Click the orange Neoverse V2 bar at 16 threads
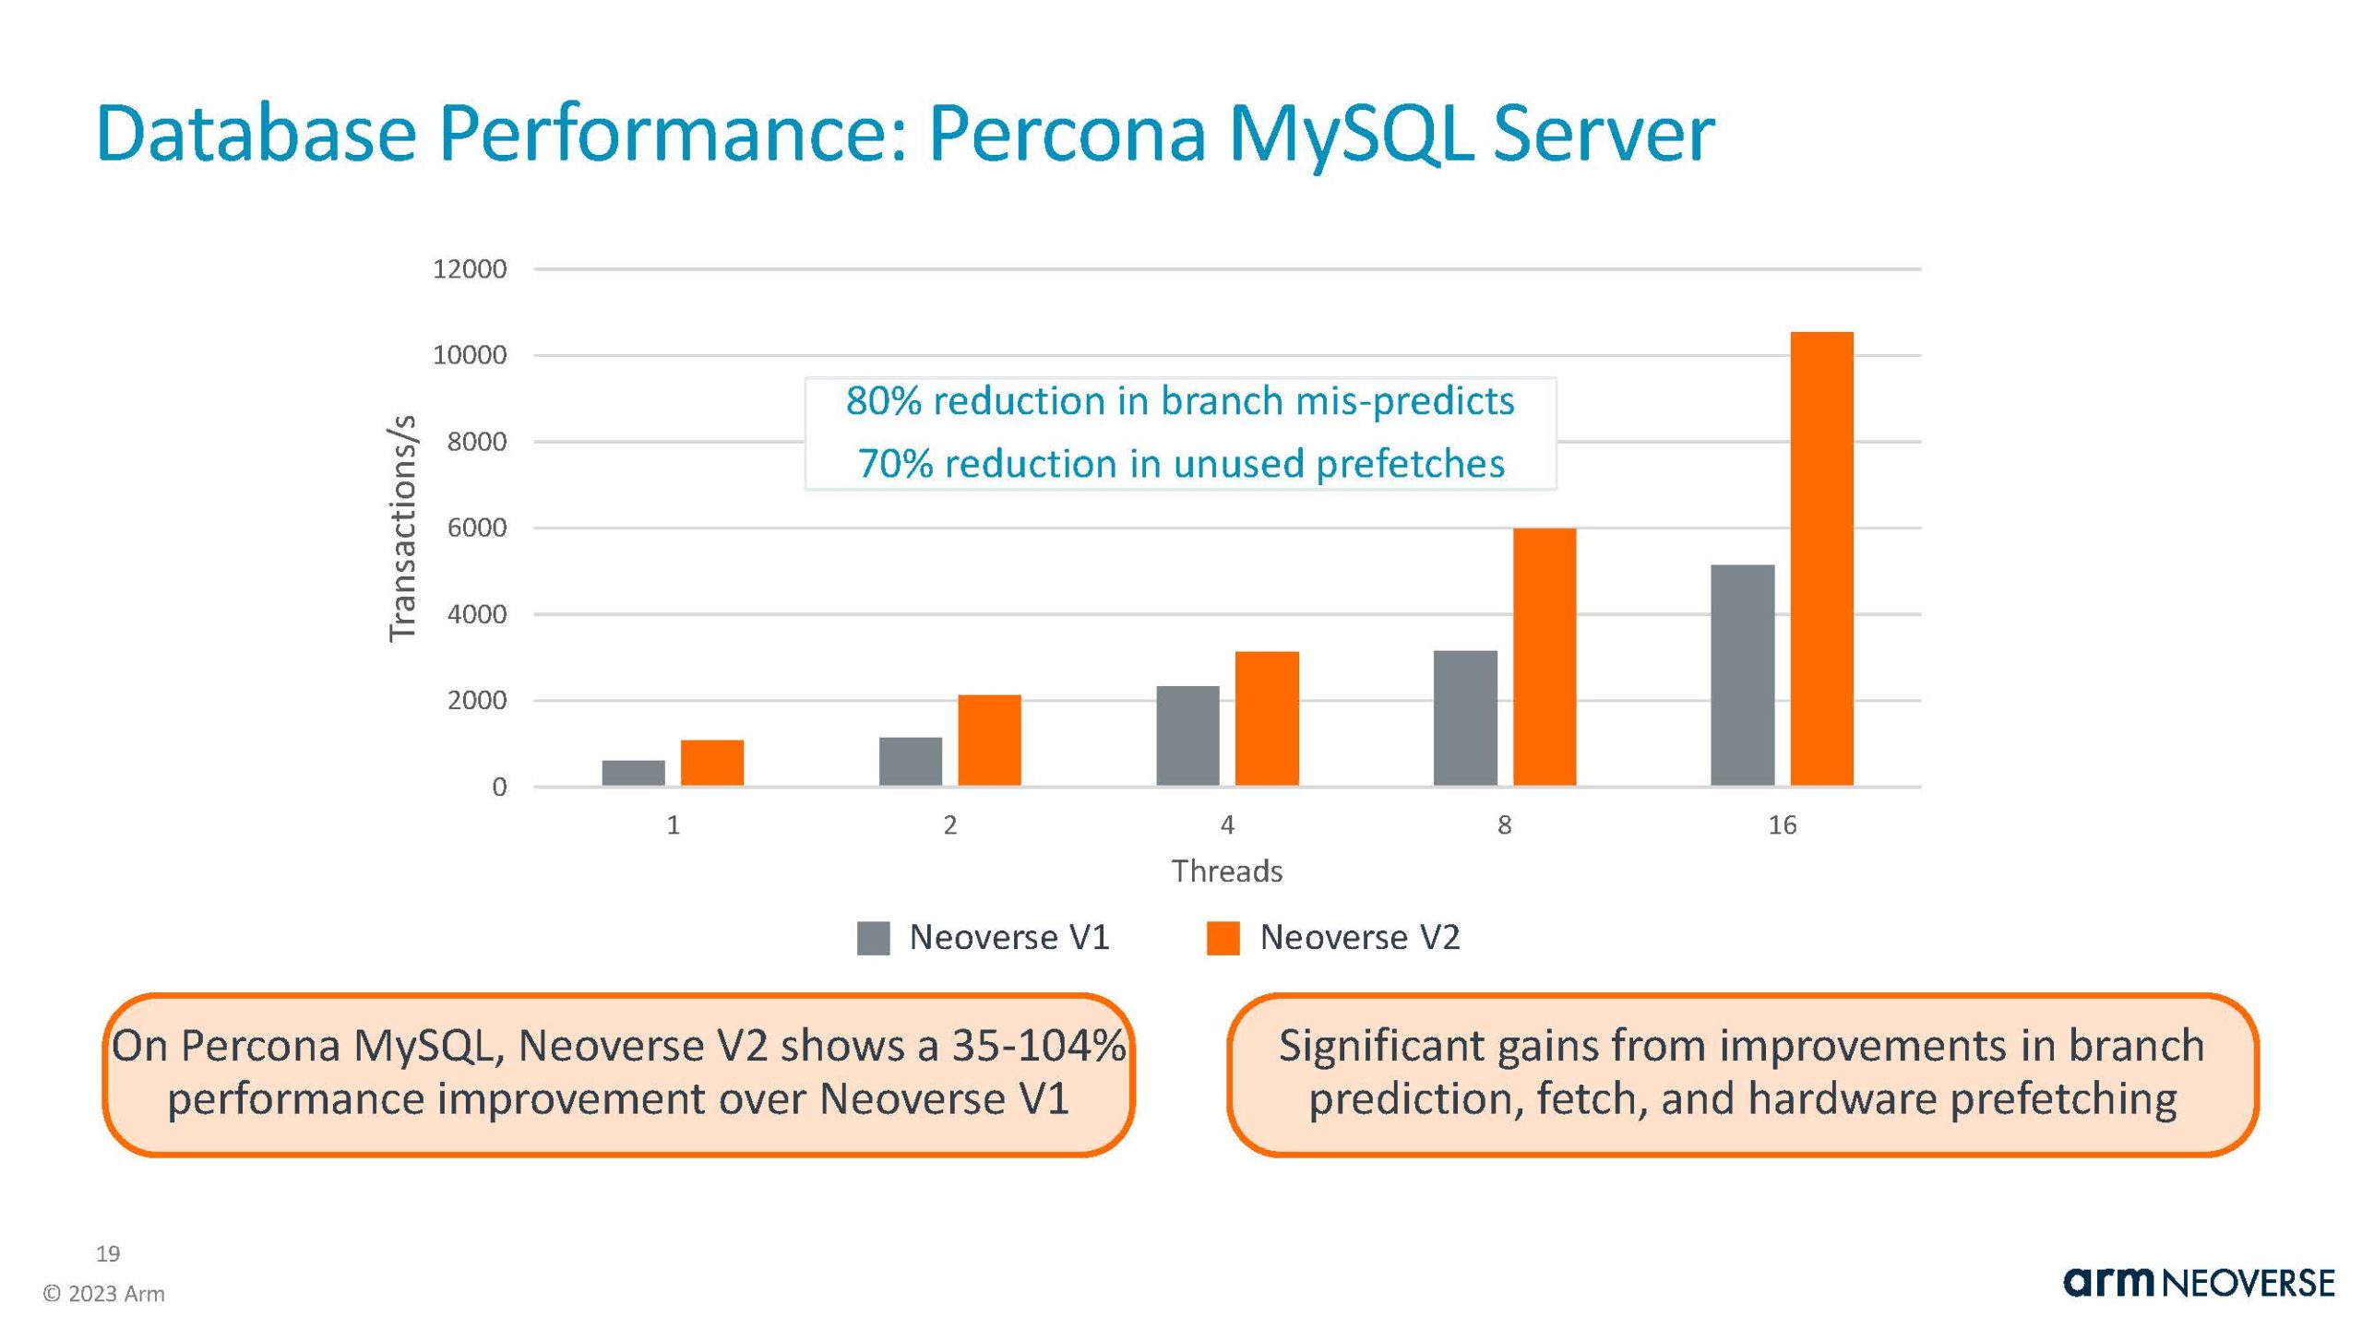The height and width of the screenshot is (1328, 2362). point(1821,559)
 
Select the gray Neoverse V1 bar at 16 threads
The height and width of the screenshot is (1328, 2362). point(1742,675)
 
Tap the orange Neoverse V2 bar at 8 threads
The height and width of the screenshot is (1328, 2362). point(1545,657)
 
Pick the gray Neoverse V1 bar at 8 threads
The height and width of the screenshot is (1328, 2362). point(1465,718)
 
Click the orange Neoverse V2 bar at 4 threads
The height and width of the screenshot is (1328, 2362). point(1267,718)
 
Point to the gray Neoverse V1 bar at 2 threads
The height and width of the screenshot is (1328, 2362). point(911,762)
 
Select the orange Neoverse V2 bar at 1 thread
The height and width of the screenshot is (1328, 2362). point(712,763)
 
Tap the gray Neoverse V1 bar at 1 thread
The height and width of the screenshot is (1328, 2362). point(633,773)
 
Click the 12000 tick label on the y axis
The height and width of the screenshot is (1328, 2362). point(470,269)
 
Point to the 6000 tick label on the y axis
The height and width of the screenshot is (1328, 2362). point(476,528)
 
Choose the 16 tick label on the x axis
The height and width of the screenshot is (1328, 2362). point(1782,825)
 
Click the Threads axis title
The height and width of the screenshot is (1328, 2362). point(1227,871)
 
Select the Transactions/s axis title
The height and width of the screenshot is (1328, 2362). point(403,528)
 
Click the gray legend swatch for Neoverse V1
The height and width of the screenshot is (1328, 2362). point(873,938)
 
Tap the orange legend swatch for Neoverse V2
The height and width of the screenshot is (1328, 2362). point(1223,938)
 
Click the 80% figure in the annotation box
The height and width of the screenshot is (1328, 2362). point(884,401)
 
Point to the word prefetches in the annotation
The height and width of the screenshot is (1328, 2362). point(1410,463)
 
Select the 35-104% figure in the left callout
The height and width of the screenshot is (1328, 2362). point(1039,1046)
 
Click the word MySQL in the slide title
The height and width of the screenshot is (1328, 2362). point(1348,134)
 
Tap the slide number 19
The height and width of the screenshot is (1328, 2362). point(108,1253)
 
